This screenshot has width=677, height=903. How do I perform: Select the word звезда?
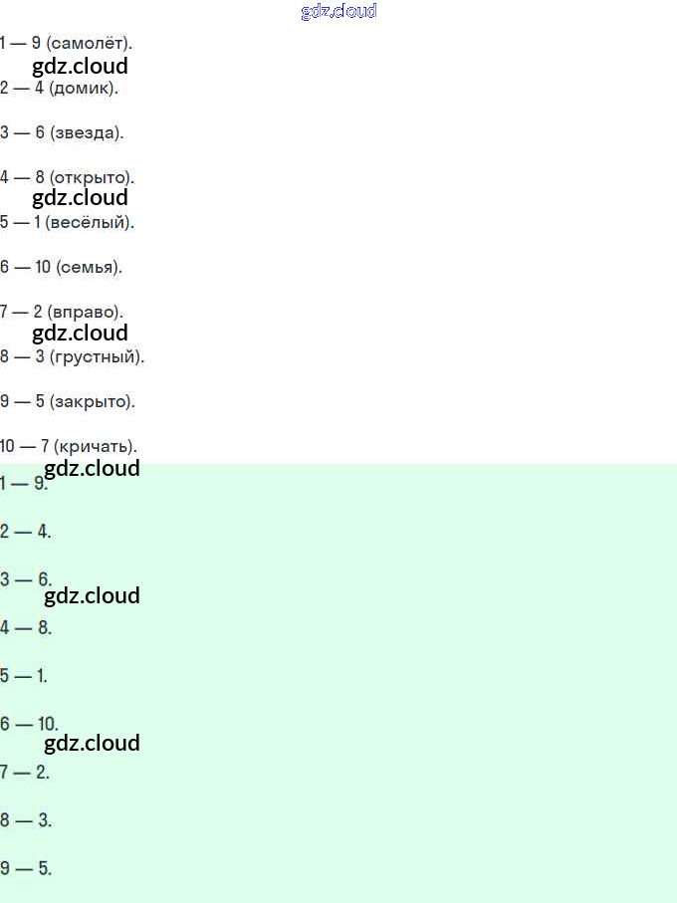pos(87,132)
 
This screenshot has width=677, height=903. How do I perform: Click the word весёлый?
pos(89,222)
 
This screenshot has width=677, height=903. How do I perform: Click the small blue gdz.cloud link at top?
pos(338,12)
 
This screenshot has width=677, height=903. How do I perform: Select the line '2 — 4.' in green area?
pos(25,532)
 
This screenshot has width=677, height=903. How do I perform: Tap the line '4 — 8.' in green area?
pos(25,627)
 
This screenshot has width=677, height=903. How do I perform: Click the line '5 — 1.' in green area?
pos(24,676)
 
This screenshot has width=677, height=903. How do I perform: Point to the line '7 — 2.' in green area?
pos(25,772)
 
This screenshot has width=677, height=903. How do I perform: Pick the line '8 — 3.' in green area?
pos(25,820)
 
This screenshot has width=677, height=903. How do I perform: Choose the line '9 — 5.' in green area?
pos(25,868)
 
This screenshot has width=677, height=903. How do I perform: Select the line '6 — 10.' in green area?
pos(29,724)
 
